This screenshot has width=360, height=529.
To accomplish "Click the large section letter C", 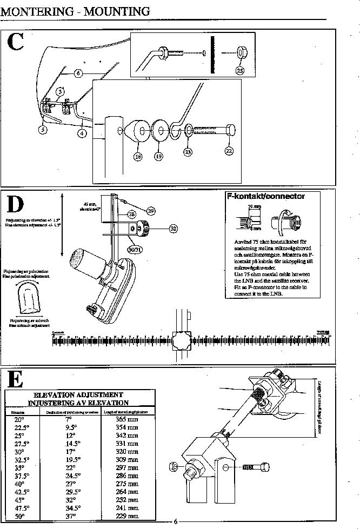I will pyautogui.click(x=16, y=42).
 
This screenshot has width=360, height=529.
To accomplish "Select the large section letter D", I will pyautogui.click(x=16, y=205).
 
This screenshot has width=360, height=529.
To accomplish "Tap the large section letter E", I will pyautogui.click(x=16, y=379).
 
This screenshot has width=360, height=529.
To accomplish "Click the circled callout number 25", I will pyautogui.click(x=241, y=70).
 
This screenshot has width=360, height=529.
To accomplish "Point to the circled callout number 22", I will pyautogui.click(x=229, y=151).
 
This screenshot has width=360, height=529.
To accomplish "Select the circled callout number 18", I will pyautogui.click(x=138, y=156).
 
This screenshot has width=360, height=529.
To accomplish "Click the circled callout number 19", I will pyautogui.click(x=159, y=156).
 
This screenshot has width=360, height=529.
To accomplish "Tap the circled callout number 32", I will pyautogui.click(x=173, y=229).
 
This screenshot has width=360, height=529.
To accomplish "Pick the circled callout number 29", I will pyautogui.click(x=151, y=210).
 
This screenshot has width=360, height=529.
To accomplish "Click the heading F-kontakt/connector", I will pyautogui.click(x=266, y=197).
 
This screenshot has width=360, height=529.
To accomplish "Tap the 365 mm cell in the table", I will pyautogui.click(x=128, y=419).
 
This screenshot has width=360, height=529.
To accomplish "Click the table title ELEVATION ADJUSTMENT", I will pyautogui.click(x=78, y=395).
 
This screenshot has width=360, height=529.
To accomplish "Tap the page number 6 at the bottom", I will pyautogui.click(x=175, y=521).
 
